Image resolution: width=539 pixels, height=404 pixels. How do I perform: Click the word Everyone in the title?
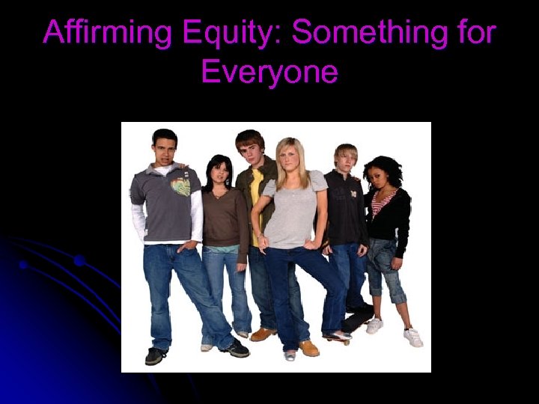pos(269,73)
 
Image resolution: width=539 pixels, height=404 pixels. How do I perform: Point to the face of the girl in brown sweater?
pos(219,175)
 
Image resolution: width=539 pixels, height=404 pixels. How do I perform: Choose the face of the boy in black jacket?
pos(345,160)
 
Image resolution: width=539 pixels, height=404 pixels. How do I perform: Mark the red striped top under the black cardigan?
pos(382,201)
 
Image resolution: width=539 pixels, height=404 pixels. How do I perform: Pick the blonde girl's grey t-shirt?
pos(294,213)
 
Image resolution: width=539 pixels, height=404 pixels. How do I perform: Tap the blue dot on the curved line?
pos(79,260)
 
